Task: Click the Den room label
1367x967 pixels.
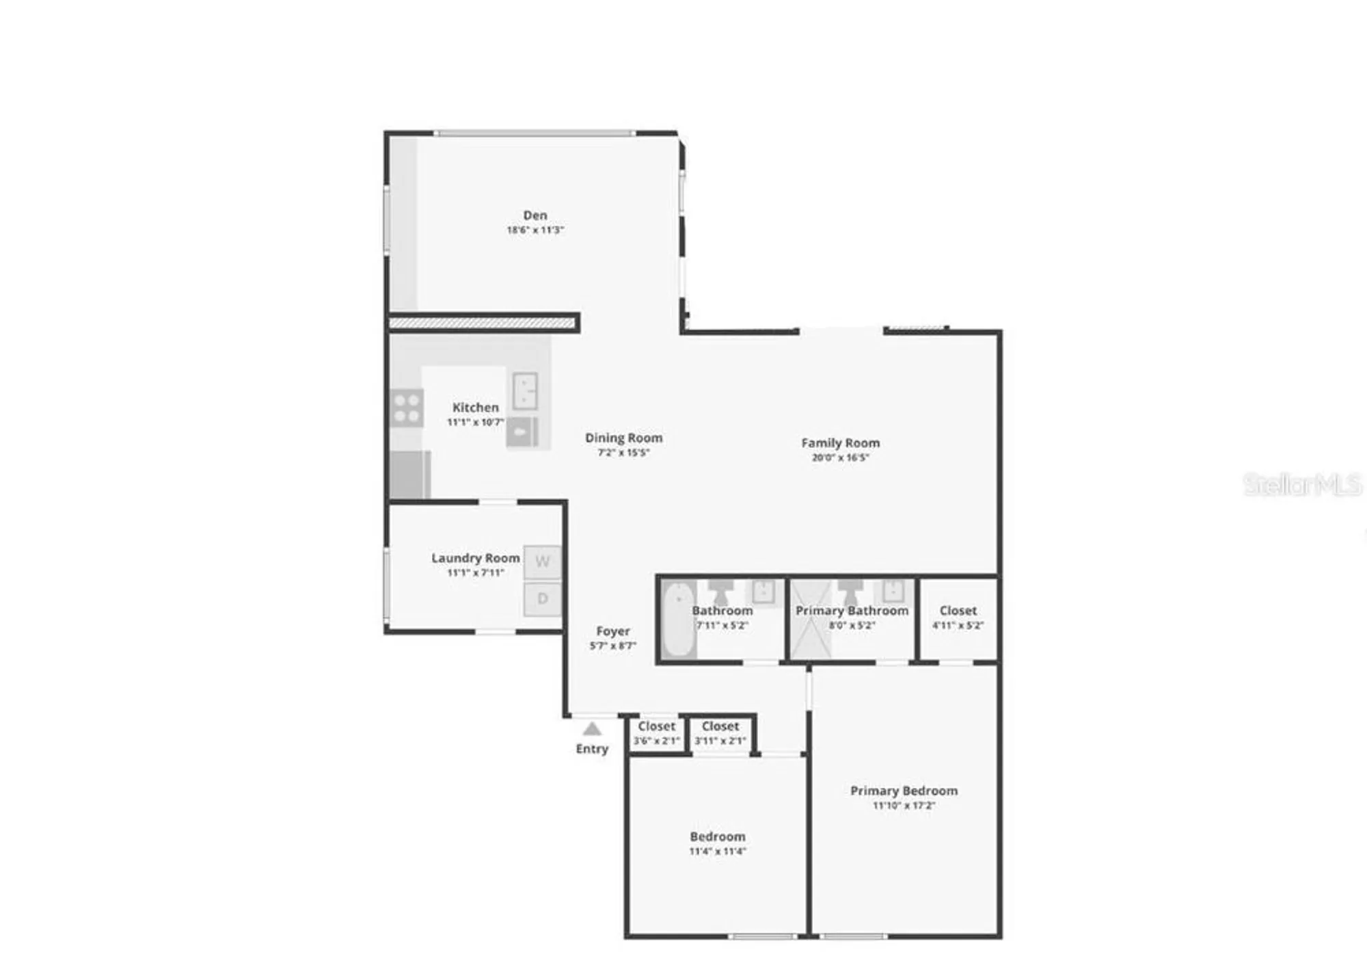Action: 535,215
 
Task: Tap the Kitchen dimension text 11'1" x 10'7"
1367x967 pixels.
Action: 476,423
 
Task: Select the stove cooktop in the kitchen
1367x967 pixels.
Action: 407,408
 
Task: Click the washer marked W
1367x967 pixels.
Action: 543,562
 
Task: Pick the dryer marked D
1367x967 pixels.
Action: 543,599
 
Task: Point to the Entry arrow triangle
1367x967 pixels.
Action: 592,729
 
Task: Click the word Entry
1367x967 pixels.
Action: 592,749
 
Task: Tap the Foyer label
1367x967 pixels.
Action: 612,631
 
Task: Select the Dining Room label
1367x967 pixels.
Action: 623,438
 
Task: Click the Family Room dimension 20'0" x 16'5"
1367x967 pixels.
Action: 840,458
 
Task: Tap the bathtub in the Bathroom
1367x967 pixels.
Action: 678,619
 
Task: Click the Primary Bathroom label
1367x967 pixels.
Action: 852,611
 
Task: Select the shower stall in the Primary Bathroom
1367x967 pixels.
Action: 811,619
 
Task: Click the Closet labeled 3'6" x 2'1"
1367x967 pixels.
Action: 656,733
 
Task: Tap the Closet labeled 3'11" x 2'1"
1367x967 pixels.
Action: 720,733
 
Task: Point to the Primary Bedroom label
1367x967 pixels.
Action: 904,791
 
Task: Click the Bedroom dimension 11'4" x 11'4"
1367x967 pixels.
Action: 717,851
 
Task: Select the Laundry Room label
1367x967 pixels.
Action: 475,558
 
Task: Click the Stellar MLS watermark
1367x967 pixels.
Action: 1302,485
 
